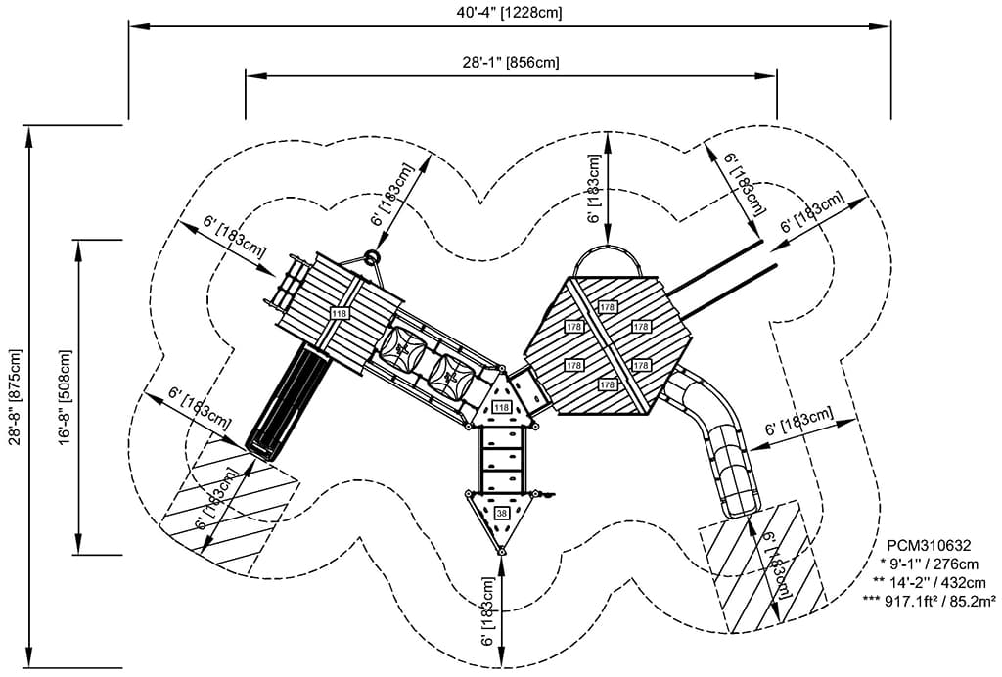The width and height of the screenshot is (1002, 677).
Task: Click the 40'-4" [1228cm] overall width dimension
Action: [510, 13]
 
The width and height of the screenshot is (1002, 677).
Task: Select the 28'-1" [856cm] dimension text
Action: [511, 62]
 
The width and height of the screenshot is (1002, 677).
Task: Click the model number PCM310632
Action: [929, 546]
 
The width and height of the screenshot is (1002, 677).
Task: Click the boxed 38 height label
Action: [502, 513]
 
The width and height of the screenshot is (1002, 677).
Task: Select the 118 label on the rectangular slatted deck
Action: [340, 313]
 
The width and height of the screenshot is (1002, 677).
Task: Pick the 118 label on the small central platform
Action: [502, 406]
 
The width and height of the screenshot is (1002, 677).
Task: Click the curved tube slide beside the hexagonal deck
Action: [719, 440]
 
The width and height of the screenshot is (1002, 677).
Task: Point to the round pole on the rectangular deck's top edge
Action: [372, 258]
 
